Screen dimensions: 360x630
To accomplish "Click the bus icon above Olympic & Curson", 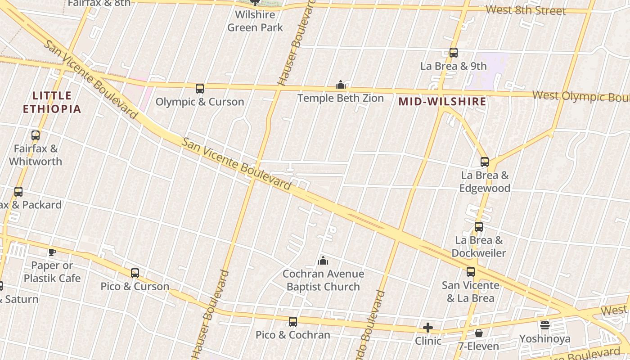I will pos(200,89).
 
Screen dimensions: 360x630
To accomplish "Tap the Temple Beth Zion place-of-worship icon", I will pos(341,85).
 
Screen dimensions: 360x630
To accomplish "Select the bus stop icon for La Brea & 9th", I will pos(454,53).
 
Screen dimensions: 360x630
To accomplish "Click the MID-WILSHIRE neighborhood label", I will pos(442,102).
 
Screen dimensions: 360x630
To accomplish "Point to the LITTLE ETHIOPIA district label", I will pos(52,102).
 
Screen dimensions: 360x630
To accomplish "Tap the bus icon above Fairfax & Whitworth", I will pos(36,135).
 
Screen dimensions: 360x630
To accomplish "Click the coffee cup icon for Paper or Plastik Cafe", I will pos(52,252).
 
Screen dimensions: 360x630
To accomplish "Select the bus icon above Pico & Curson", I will pos(135,273).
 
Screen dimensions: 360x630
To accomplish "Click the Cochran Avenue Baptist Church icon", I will pos(323,261).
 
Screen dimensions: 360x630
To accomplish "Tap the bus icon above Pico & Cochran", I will pos(293,322).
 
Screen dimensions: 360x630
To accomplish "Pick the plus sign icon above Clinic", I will pos(428,328).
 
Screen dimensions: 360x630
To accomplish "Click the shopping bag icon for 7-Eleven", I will pos(479,333).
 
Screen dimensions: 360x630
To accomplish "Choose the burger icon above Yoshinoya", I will pos(545,325).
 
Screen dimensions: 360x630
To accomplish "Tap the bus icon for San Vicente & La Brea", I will pos(471,272).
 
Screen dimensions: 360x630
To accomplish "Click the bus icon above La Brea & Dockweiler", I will pos(479,227).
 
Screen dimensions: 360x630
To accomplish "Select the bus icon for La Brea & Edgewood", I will pos(485,162).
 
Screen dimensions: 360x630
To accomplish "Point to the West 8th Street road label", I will pos(526,10).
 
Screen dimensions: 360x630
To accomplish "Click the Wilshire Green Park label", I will pos(255,21).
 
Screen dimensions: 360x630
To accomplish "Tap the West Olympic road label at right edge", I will pos(580,96).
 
